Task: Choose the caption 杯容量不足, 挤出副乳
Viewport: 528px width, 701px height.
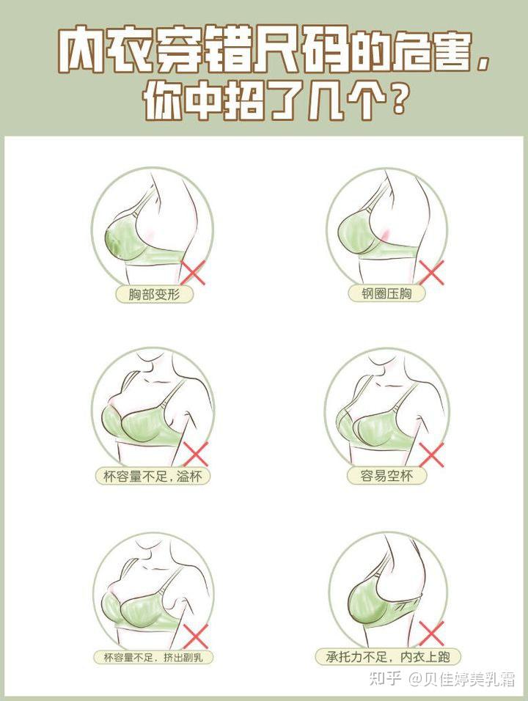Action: click(x=153, y=657)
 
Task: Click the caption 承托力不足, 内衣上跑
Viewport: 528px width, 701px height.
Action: click(x=388, y=657)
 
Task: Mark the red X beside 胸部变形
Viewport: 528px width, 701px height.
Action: click(x=194, y=273)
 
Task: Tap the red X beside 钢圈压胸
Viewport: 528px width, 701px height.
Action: click(x=433, y=273)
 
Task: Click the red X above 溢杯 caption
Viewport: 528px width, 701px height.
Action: click(x=195, y=454)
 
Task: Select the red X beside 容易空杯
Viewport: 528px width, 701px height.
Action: click(x=433, y=455)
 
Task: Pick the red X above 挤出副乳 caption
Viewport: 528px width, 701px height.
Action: click(x=195, y=636)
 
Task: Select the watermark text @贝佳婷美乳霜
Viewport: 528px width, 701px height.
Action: click(x=463, y=679)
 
